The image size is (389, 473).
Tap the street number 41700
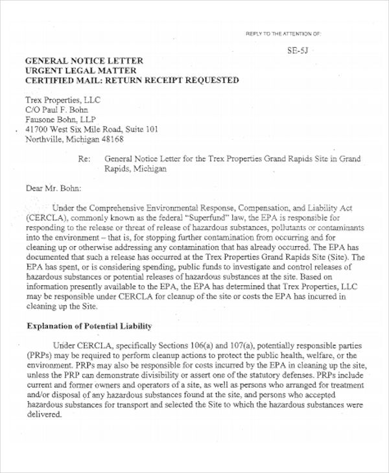[37, 129]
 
